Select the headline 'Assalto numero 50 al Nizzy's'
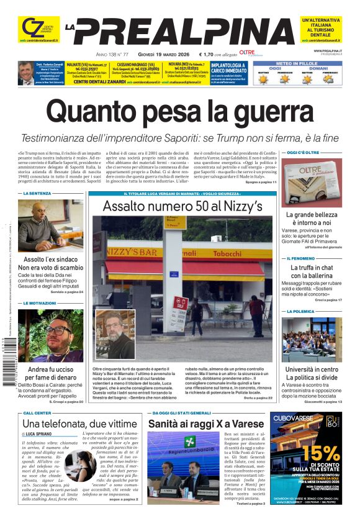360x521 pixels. (182, 206)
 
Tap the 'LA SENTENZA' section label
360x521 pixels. (37, 194)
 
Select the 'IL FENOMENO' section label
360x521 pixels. (300, 258)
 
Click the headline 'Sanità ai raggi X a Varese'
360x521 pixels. (205, 424)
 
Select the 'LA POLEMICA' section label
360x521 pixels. (300, 311)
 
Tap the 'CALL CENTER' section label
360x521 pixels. (37, 412)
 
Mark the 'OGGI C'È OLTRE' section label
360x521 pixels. (302, 152)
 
